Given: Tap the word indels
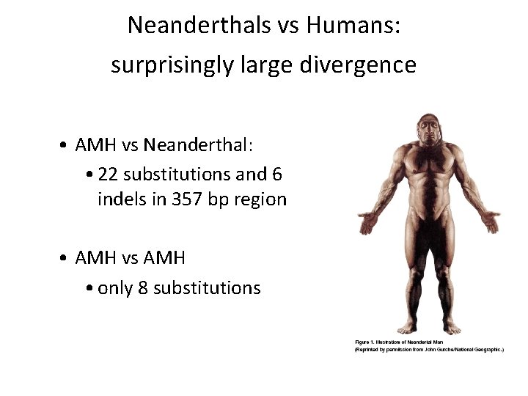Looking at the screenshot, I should tap(122, 199).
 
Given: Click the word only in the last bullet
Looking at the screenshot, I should tap(115, 287).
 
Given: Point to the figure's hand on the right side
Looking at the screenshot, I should tap(489, 219).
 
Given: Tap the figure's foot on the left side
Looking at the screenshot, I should tap(408, 328).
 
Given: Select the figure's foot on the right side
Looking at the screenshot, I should tap(452, 328).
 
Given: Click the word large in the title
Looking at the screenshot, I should tap(259, 66).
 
